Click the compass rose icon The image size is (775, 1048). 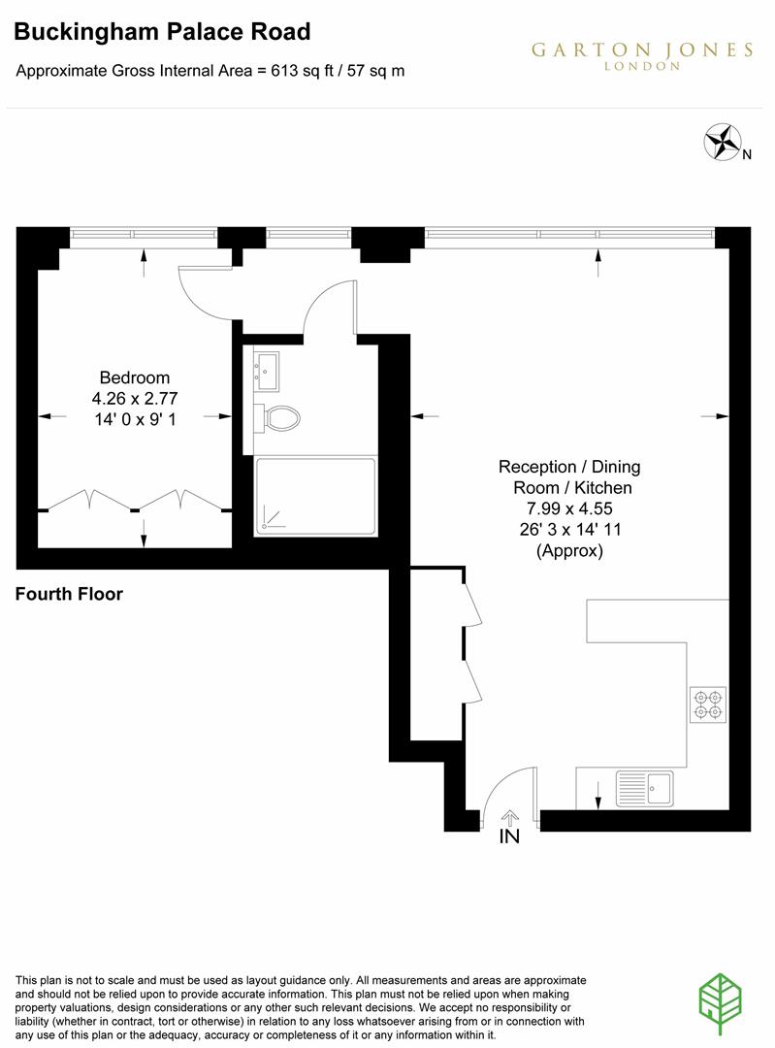[722, 143]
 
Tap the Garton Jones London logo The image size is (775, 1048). [641, 55]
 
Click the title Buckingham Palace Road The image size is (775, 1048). [163, 32]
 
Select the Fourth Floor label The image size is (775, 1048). [69, 594]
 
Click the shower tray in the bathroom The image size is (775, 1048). [315, 496]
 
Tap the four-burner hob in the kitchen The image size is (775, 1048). [708, 704]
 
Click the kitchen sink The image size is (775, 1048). [645, 787]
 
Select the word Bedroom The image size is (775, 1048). [135, 377]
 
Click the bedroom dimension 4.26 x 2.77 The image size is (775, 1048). [135, 397]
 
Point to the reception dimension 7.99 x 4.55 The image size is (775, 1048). [569, 508]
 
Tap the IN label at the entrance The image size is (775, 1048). [509, 836]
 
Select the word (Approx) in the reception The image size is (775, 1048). [569, 551]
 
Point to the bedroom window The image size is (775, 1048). [144, 234]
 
